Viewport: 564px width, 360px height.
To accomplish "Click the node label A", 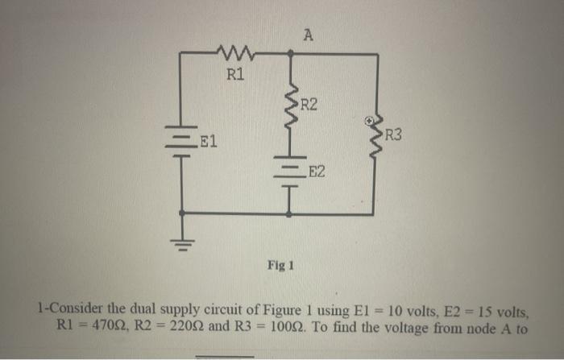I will [x=309, y=34].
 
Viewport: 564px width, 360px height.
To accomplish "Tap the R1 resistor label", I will [x=234, y=76].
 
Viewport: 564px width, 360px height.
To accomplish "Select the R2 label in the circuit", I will [x=309, y=105].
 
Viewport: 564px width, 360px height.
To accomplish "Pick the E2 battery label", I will [x=317, y=172].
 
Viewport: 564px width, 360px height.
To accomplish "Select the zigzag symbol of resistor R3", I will [x=375, y=139].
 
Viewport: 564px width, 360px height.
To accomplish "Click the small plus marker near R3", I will [x=369, y=120].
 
